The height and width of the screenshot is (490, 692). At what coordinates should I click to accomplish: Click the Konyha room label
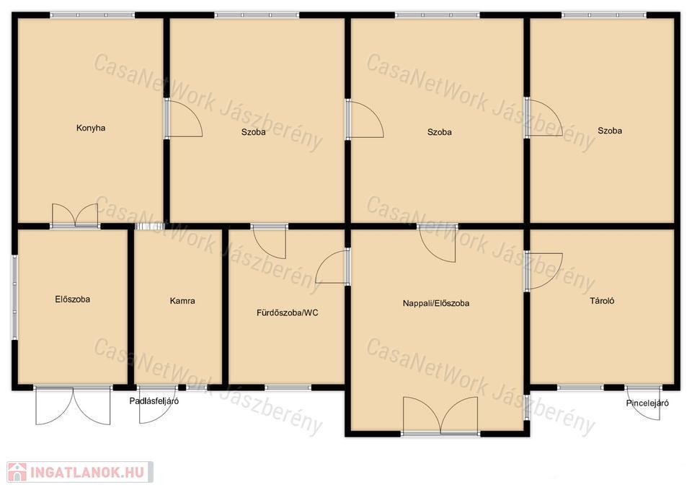91,128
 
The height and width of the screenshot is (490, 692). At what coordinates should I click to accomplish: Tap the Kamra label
182,301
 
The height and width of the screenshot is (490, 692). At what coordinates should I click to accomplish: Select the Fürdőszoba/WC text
288,312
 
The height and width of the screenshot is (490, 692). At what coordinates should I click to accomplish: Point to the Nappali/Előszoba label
436,303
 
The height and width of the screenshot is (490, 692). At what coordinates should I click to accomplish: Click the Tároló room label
602,301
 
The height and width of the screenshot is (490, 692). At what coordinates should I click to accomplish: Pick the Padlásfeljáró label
154,401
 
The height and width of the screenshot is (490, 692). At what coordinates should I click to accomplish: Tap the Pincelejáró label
647,403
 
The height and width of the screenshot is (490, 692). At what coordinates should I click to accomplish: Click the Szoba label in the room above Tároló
610,131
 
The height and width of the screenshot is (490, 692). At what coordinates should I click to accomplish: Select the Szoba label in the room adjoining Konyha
254,132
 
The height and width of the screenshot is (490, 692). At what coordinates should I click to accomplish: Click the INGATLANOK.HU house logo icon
17,472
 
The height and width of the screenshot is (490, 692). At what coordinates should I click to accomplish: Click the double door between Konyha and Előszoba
75,216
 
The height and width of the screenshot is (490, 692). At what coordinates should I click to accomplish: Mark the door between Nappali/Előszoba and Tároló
543,271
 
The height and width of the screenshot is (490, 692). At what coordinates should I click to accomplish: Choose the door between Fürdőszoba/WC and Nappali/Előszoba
333,267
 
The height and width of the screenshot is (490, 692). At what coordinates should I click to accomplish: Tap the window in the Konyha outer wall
92,15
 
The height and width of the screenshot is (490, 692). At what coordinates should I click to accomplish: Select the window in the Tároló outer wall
580,388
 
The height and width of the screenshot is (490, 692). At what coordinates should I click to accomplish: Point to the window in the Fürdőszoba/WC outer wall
288,388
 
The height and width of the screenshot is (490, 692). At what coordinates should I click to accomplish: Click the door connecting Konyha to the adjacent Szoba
184,118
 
